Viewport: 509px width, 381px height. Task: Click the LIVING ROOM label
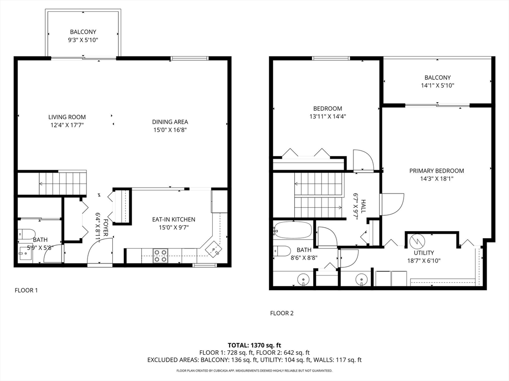click(x=66, y=117)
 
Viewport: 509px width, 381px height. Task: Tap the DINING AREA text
click(x=170, y=122)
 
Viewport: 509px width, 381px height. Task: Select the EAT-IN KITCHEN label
click(x=173, y=219)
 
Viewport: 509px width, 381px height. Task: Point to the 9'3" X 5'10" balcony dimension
click(x=83, y=40)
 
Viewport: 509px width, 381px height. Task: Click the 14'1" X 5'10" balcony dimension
click(x=437, y=85)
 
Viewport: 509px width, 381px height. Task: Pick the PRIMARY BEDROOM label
click(x=436, y=171)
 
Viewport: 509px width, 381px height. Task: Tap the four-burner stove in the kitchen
click(x=160, y=255)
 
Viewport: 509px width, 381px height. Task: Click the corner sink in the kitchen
click(x=212, y=248)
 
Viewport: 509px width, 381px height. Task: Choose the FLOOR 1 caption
click(x=26, y=290)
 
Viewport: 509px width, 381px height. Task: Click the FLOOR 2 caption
click(x=282, y=313)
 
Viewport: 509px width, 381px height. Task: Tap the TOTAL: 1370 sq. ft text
click(x=254, y=345)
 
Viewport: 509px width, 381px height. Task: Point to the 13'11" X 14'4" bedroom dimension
click(x=327, y=117)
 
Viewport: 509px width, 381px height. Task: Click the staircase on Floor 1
click(x=62, y=183)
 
